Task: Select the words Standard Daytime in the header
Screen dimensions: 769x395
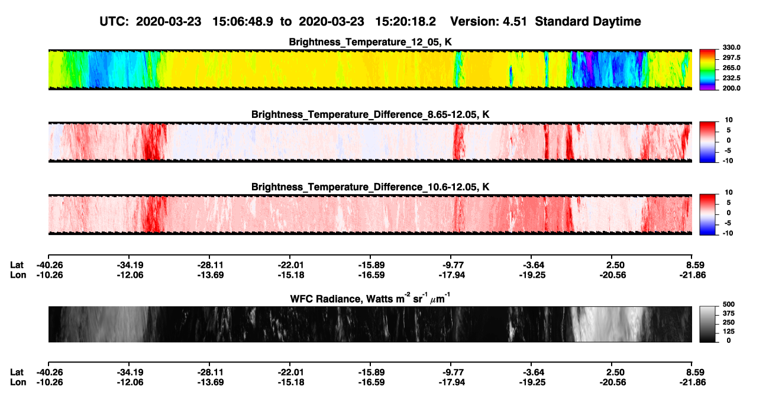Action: click(588, 21)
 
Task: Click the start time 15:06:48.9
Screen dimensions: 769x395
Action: click(243, 21)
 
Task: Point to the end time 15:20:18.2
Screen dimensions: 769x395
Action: click(405, 21)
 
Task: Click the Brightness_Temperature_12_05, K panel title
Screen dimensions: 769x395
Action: click(370, 42)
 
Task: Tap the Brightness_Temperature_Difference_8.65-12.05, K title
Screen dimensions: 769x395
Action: click(370, 114)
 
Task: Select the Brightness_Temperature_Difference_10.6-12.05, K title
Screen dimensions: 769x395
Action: click(370, 187)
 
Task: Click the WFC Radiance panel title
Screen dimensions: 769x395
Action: click(370, 298)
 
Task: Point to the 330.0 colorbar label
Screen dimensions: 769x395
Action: click(731, 47)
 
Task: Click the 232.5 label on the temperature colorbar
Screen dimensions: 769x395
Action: click(731, 78)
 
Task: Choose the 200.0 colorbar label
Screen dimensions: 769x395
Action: click(731, 88)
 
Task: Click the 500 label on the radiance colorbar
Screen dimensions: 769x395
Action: click(729, 304)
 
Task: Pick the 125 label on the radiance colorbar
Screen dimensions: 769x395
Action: click(729, 332)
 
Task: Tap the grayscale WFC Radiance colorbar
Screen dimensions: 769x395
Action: click(707, 324)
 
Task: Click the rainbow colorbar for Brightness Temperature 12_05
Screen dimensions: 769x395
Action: click(707, 70)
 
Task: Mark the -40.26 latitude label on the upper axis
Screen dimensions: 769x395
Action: click(50, 265)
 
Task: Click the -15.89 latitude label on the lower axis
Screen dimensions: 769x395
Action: click(371, 372)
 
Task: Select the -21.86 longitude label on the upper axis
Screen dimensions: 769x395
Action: click(693, 275)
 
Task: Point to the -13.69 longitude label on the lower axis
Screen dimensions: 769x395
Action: click(211, 383)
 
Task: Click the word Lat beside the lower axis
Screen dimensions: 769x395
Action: click(17, 372)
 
